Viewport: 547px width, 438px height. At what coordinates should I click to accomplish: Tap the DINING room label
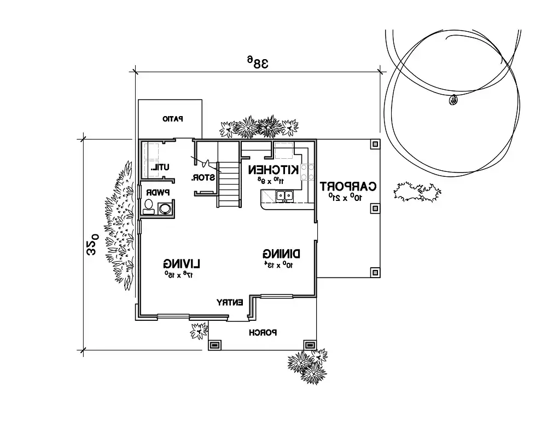pos(282,253)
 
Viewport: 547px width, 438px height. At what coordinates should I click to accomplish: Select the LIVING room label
pos(181,262)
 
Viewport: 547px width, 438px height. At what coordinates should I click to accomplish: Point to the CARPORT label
pos(349,186)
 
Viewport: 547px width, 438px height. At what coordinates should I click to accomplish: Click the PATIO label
pos(173,118)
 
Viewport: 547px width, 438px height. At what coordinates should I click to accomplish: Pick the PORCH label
pos(263,333)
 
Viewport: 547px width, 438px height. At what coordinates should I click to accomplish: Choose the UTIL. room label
pos(161,167)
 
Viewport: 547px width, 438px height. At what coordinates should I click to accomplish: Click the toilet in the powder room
pos(148,206)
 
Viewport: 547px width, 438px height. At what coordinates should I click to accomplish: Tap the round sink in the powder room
pos(165,208)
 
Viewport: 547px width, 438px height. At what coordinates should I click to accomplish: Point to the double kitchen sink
pos(284,195)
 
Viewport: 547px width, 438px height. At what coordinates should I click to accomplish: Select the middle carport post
pos(374,208)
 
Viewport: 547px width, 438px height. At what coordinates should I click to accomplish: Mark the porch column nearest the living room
pos(214,345)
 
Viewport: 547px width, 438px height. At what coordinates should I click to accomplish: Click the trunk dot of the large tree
pos(452,100)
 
